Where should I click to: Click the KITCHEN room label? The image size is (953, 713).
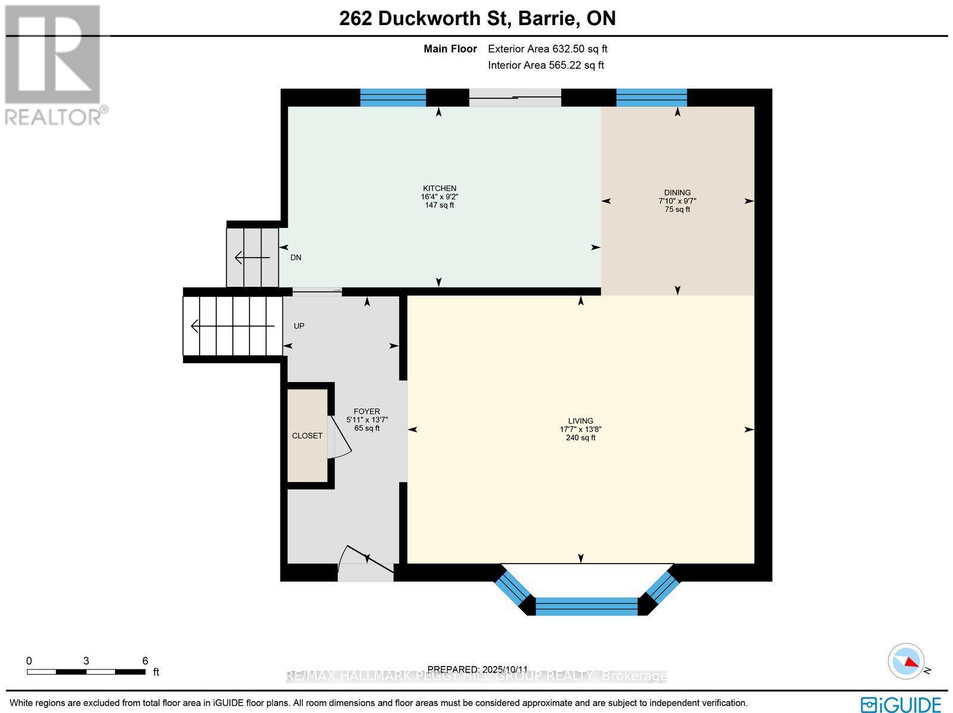(x=440, y=188)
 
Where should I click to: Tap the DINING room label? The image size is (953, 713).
(x=677, y=192)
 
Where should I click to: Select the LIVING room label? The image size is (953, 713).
(x=580, y=421)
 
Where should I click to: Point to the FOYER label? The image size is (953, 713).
(x=366, y=411)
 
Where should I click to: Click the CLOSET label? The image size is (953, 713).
(x=307, y=436)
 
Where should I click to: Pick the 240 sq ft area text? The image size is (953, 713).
(x=580, y=438)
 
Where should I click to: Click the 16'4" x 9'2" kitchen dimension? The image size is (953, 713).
(x=440, y=196)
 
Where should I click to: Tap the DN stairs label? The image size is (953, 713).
(x=296, y=258)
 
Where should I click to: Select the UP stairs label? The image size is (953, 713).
(x=299, y=326)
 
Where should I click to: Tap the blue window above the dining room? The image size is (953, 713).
(x=651, y=98)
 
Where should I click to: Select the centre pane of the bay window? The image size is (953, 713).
(x=586, y=606)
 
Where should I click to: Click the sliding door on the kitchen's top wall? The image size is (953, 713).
(x=515, y=98)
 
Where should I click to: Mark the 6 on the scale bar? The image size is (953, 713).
(x=145, y=661)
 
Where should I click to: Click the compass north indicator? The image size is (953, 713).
(x=910, y=662)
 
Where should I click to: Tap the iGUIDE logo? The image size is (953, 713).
(x=901, y=704)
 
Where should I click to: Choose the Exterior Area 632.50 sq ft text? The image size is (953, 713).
(x=547, y=49)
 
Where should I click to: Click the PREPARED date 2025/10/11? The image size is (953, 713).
(x=478, y=670)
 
